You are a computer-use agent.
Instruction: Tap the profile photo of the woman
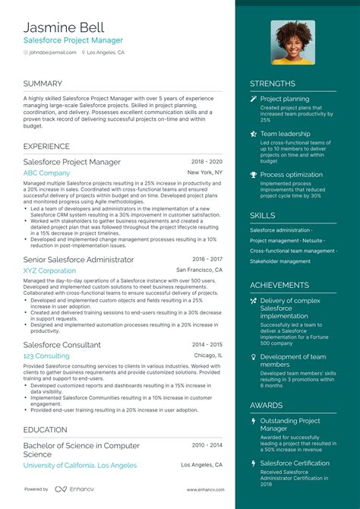(x=292, y=43)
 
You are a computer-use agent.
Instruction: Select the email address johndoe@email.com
(x=54, y=52)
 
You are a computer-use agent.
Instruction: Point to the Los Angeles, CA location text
(x=106, y=52)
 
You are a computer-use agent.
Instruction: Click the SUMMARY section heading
(x=43, y=84)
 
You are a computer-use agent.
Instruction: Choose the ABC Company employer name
(x=46, y=173)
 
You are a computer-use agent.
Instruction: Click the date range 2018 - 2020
(x=207, y=162)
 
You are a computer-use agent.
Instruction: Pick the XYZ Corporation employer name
(x=49, y=270)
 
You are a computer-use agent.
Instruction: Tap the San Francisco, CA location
(x=199, y=270)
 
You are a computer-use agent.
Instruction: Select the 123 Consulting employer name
(x=46, y=356)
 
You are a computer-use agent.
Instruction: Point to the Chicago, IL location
(x=207, y=355)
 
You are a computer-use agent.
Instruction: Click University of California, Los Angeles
(x=80, y=465)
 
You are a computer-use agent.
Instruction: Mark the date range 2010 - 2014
(x=207, y=444)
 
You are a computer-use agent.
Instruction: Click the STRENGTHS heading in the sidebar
(x=273, y=84)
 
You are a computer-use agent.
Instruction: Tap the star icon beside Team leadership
(x=254, y=134)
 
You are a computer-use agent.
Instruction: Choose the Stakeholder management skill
(x=280, y=261)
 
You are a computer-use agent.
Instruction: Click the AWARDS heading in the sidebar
(x=267, y=405)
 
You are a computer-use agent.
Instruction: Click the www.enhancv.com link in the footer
(x=204, y=489)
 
